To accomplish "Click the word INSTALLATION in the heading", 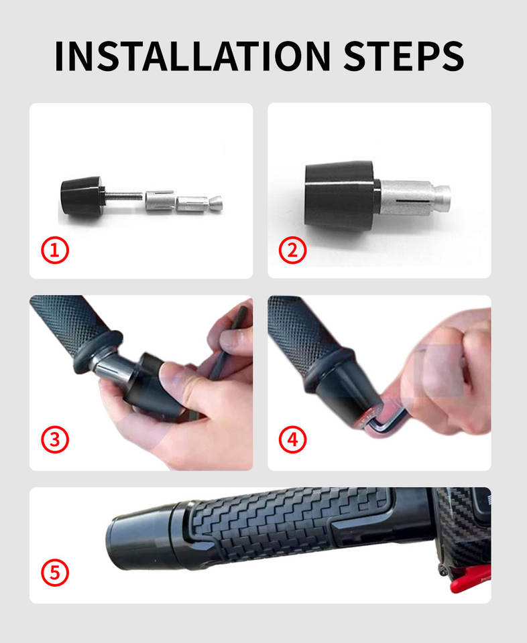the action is click(x=192, y=56).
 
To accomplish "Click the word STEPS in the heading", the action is click(x=404, y=56).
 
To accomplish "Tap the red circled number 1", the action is click(x=54, y=250).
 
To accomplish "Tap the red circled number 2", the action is click(x=292, y=250).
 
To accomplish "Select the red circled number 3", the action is click(x=54, y=439).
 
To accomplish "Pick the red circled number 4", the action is click(x=292, y=439).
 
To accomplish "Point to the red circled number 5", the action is click(x=54, y=573).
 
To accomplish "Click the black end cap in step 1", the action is click(x=82, y=196).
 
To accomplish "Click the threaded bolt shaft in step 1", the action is click(x=124, y=196).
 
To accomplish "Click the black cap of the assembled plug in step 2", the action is click(x=339, y=194).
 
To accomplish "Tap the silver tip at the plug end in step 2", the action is click(x=443, y=195).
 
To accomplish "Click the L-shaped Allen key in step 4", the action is click(x=386, y=423).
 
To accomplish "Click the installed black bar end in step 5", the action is click(x=148, y=537).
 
